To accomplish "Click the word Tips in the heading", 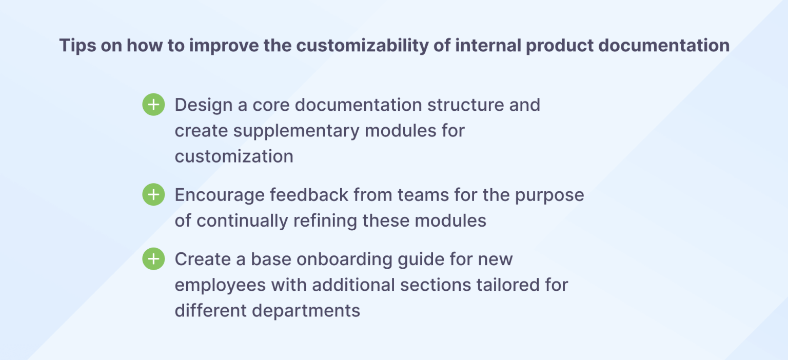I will click(76, 46).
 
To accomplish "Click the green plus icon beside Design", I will click(153, 105).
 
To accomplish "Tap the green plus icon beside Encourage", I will click(153, 195).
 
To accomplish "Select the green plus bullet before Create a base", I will click(153, 259).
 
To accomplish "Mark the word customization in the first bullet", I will click(234, 156).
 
